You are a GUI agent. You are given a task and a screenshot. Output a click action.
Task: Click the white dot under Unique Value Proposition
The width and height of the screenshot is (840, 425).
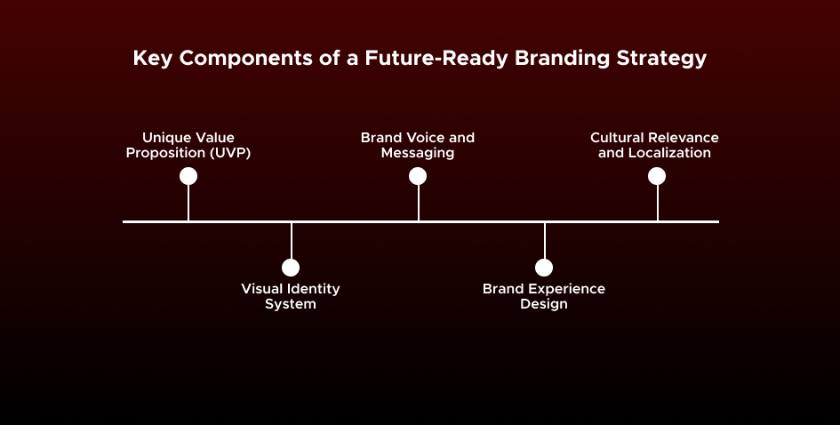[188, 176]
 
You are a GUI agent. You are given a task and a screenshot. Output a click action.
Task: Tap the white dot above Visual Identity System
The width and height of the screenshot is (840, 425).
[291, 268]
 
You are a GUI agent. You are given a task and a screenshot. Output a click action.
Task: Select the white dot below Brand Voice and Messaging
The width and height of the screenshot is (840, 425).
[418, 176]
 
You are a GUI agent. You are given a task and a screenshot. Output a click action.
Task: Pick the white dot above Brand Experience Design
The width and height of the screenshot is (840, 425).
[544, 268]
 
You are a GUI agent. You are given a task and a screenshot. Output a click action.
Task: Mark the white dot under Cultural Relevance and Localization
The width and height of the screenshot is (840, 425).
[657, 176]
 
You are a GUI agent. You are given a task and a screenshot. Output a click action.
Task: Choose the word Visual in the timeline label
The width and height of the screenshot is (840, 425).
[263, 289]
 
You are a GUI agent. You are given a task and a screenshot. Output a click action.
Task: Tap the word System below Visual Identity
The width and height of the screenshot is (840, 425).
[291, 304]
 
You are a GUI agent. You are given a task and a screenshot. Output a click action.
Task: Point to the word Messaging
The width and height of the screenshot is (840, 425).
[418, 153]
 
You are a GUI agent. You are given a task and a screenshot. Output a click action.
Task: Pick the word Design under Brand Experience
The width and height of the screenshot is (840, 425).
[544, 304]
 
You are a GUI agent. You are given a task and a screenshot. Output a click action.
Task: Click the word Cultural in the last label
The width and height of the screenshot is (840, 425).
[620, 138]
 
